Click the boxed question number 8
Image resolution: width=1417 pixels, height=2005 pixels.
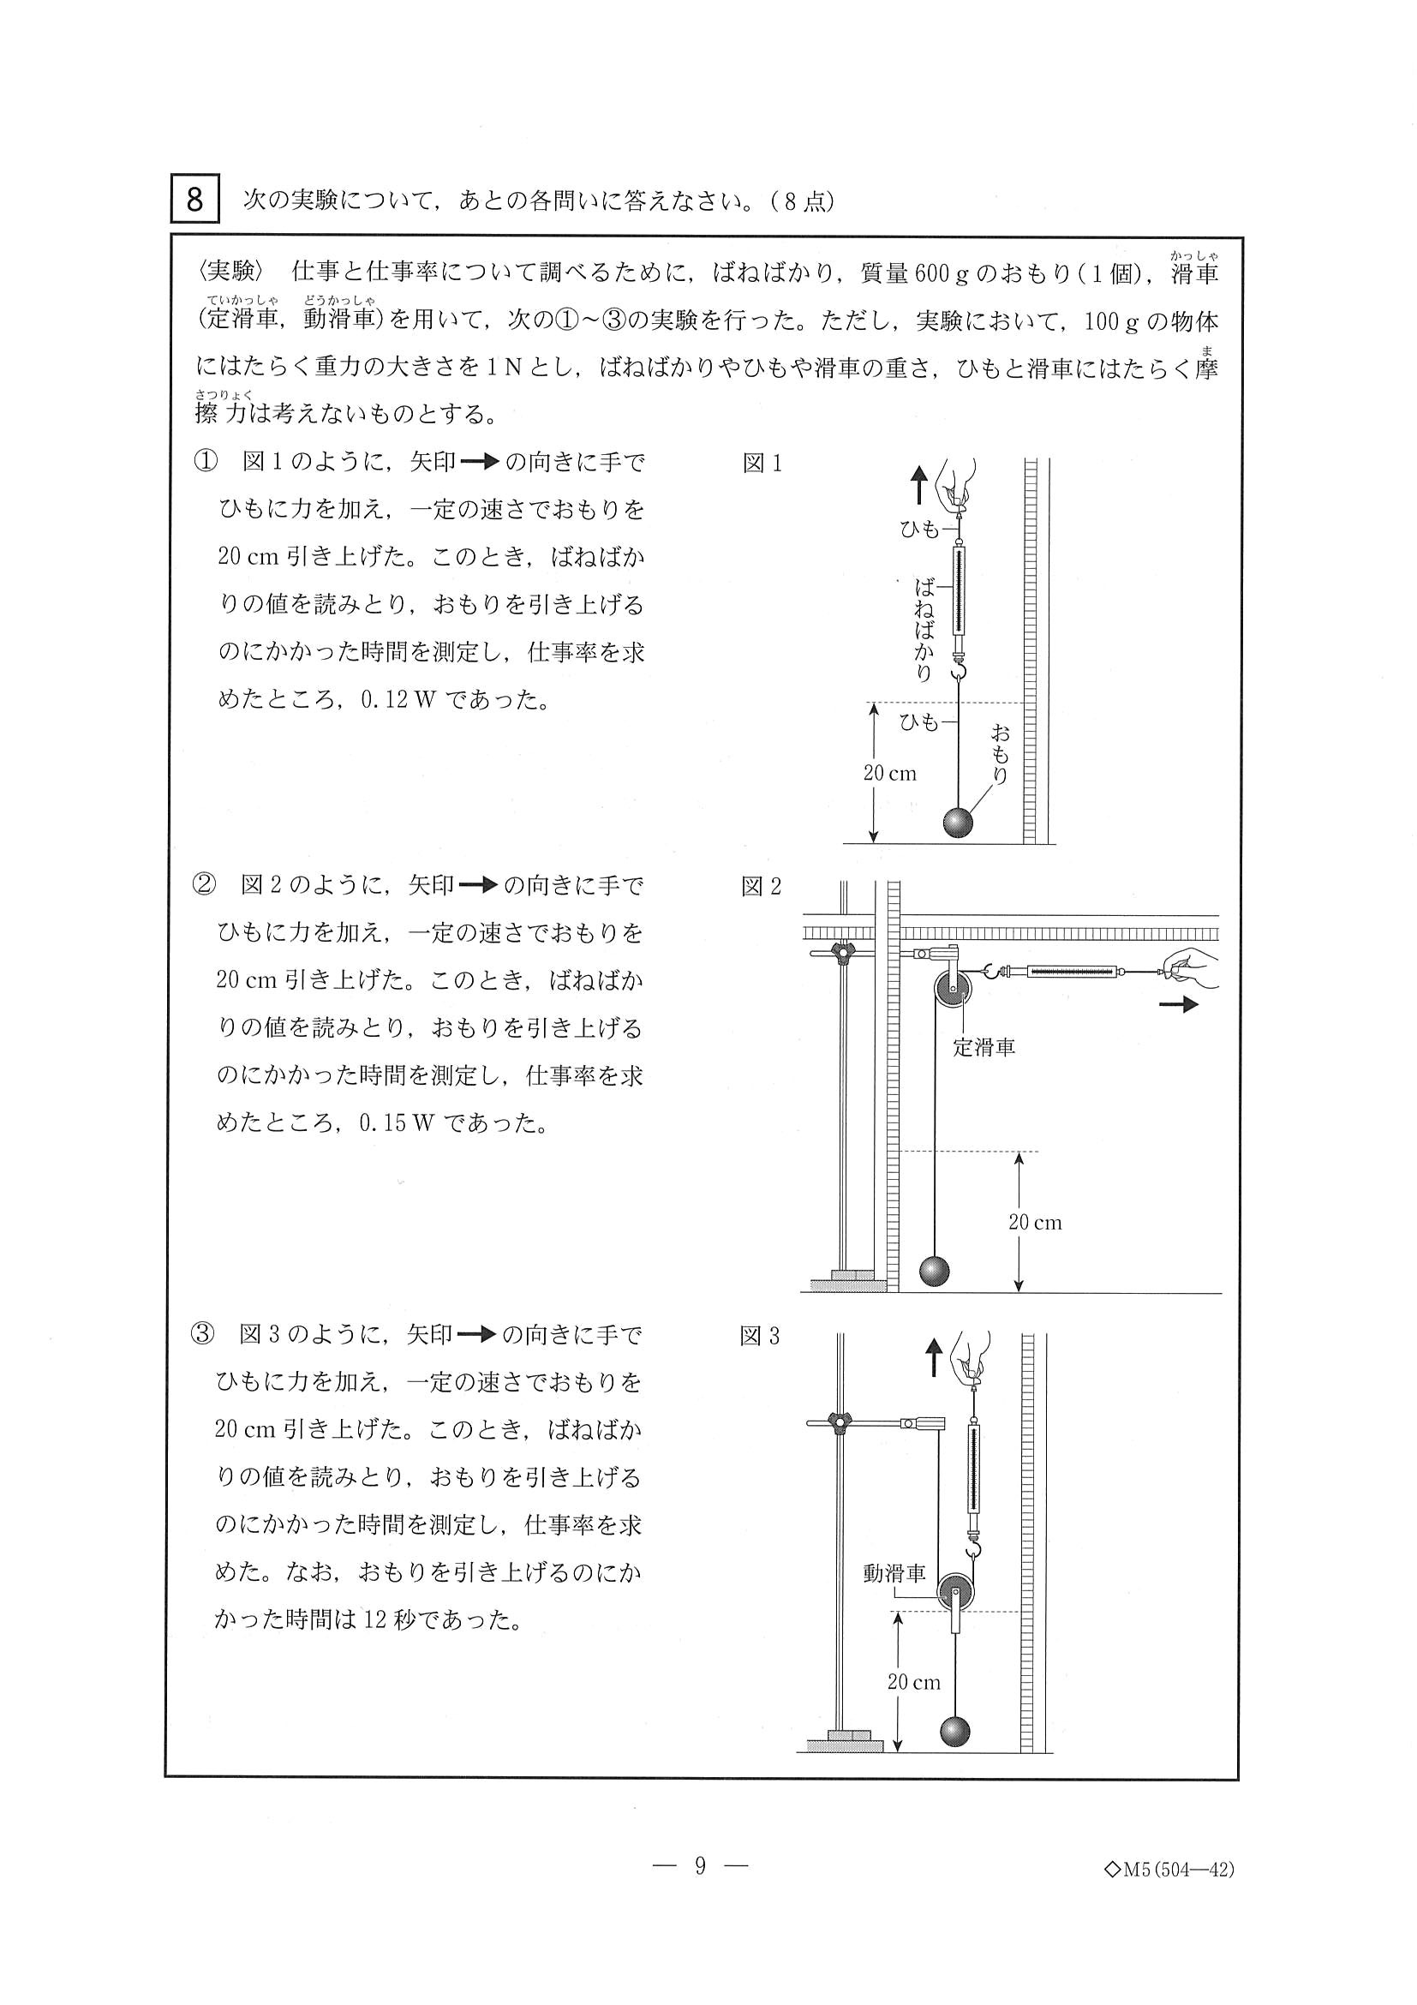(194, 199)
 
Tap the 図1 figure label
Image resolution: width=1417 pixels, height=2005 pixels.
(762, 464)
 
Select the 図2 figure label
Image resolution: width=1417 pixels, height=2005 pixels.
(762, 887)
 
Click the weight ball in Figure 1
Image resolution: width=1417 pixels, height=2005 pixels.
(958, 823)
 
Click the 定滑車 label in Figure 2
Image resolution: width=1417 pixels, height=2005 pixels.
(984, 1047)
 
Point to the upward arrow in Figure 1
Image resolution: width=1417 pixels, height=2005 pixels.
(918, 485)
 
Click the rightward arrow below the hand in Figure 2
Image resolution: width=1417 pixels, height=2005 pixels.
(1179, 1005)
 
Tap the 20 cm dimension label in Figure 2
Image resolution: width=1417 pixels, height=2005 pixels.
(1035, 1223)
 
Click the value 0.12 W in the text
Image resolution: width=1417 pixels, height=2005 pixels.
(398, 700)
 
